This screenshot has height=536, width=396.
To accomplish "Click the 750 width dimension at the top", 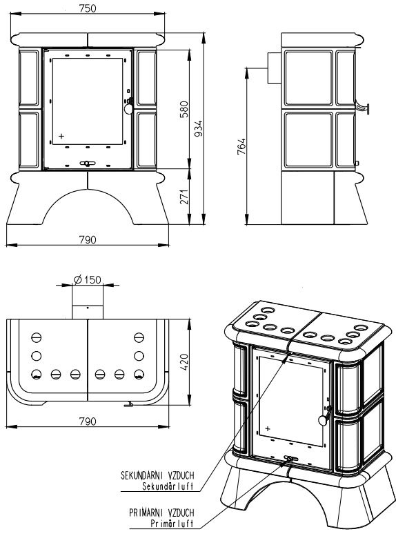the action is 88,8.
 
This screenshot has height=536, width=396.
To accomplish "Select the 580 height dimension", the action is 184,109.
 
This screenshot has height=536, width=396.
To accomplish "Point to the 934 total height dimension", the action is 198,128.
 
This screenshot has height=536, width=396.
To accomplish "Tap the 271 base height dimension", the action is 184,197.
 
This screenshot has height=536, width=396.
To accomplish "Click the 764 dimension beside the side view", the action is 241,146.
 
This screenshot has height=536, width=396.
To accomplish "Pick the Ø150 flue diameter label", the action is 88,279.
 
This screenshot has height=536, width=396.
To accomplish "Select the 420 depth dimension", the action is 184,362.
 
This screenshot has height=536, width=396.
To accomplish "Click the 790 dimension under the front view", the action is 88,239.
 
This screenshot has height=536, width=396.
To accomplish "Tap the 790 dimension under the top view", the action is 88,421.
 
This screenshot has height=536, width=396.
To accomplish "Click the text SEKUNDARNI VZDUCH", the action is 157,475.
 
